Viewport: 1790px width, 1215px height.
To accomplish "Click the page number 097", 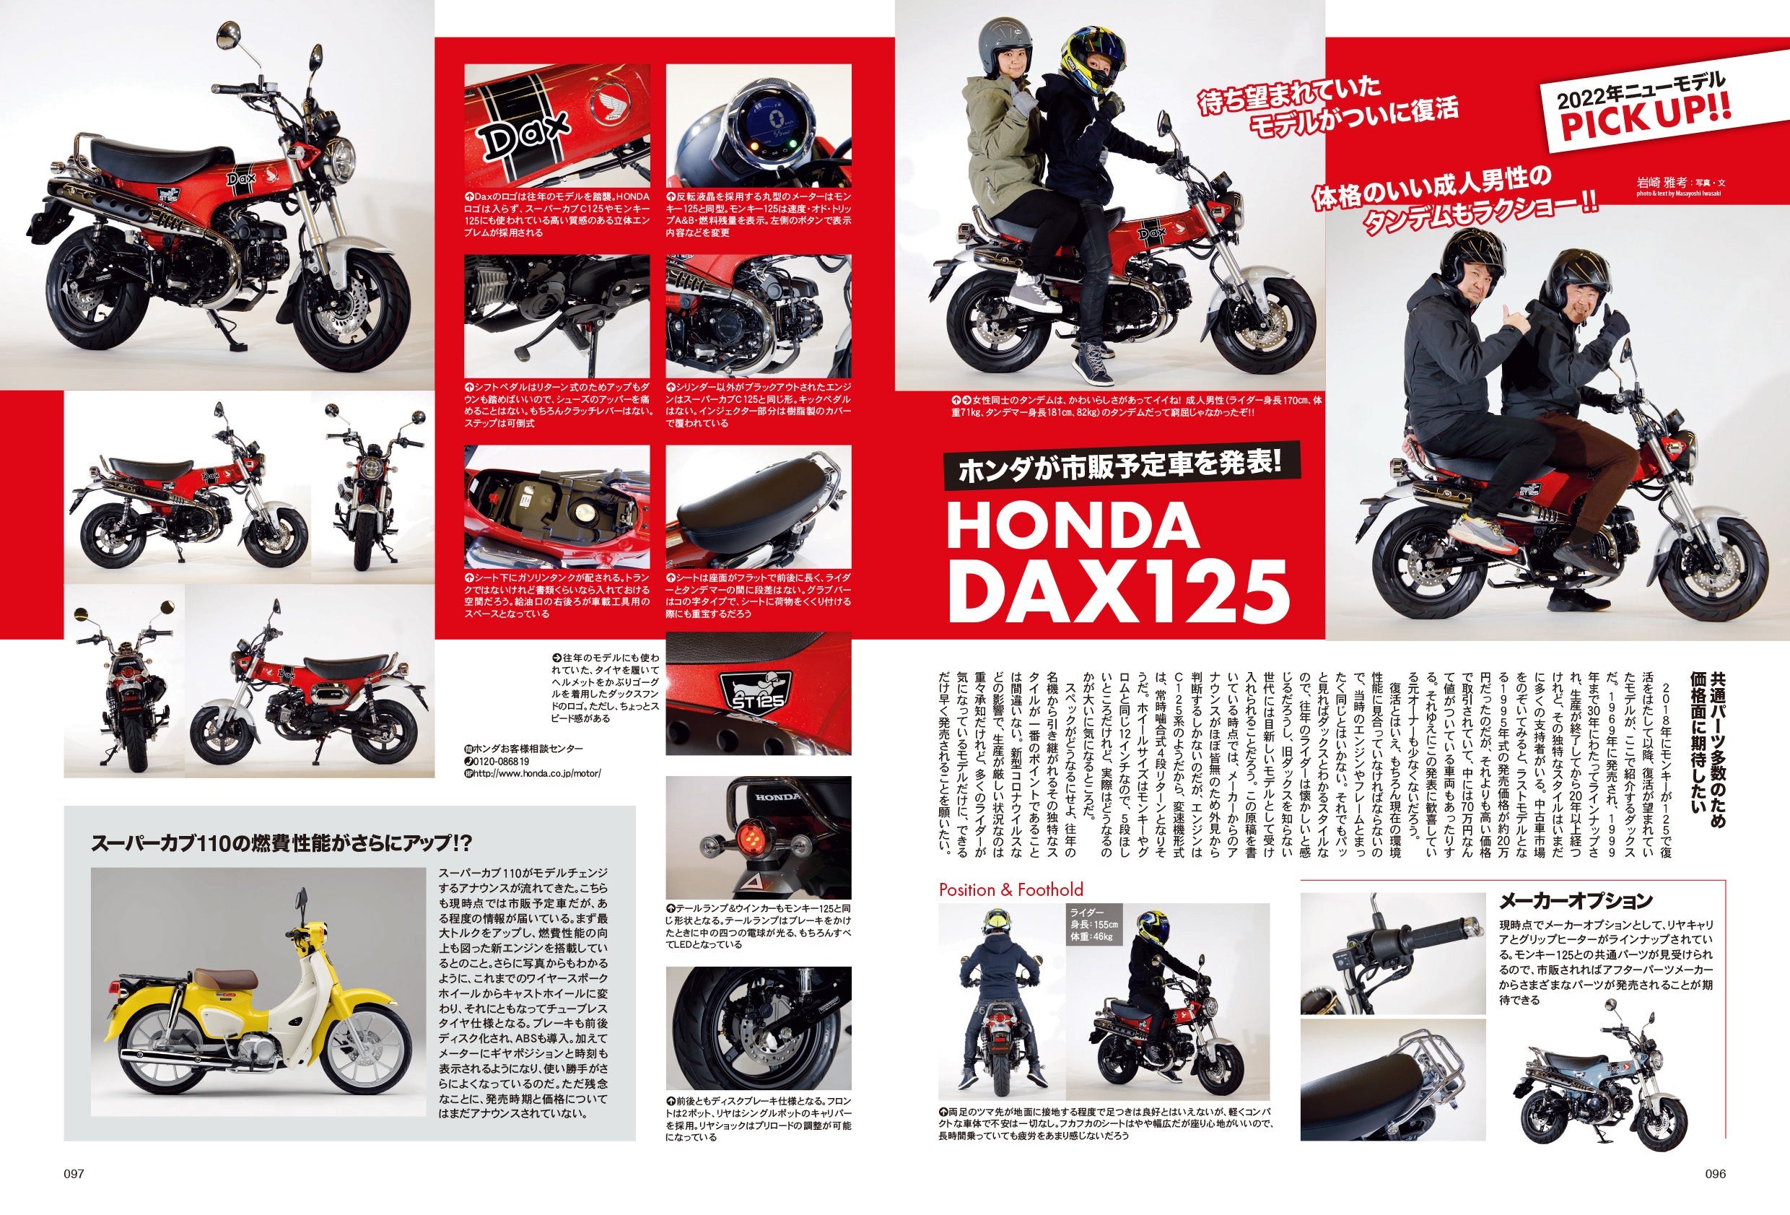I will [x=73, y=1172].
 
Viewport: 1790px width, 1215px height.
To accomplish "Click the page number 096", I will [x=1715, y=1172].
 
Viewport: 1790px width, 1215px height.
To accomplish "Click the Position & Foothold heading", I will [x=1010, y=890].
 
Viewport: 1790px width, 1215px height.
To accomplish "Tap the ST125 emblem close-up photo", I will [x=758, y=693].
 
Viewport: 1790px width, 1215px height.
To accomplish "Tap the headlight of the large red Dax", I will [x=341, y=162].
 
